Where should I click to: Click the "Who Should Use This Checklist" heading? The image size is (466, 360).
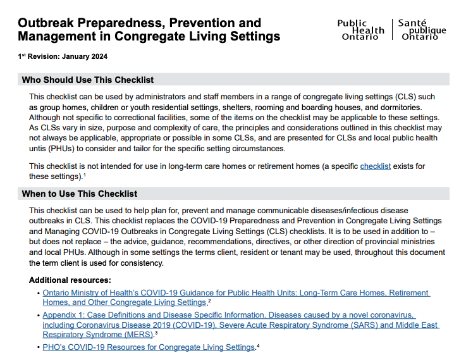(88, 80)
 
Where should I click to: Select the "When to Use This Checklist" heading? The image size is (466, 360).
(80, 194)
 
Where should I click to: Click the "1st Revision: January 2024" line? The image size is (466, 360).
(63, 56)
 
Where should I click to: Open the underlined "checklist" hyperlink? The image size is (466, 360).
(376, 166)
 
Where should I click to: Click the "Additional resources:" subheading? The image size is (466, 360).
(70, 280)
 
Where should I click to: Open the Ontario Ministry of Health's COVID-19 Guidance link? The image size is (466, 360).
(236, 293)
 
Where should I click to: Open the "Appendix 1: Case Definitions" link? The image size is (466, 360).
(229, 314)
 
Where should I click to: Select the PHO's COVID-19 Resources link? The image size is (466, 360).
(149, 347)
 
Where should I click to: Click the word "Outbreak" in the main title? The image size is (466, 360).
(48, 23)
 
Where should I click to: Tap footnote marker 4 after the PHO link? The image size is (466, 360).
(258, 345)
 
